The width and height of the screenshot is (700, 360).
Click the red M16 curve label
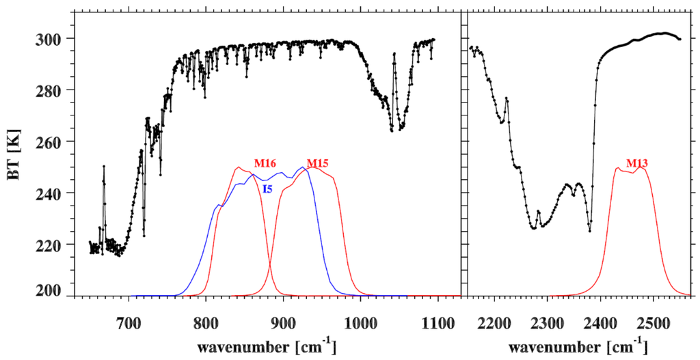coord(265,163)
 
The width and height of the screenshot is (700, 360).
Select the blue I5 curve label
coord(268,189)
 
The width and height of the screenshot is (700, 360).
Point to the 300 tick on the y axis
coord(51,39)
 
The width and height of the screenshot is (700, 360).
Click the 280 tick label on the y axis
coord(51,90)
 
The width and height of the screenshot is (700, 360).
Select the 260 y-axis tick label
coord(51,141)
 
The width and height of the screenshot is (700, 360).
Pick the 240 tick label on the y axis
coord(51,193)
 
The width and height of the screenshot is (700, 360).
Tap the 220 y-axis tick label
coord(51,244)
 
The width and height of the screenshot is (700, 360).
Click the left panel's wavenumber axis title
coord(267,346)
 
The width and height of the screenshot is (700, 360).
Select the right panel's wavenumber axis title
coord(578,346)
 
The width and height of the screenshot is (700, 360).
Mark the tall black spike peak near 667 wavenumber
coord(104,166)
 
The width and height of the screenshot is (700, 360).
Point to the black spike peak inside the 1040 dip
coord(394,54)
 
